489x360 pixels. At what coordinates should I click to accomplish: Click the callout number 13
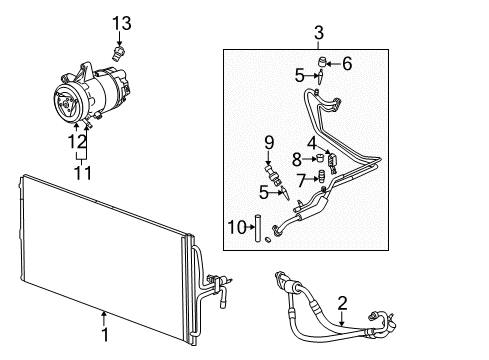pyautogui.click(x=121, y=22)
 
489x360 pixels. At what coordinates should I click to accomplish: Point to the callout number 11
pyautogui.click(x=76, y=173)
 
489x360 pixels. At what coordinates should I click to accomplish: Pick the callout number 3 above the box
pyautogui.click(x=318, y=35)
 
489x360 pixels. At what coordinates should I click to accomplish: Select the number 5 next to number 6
pyautogui.click(x=299, y=74)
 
